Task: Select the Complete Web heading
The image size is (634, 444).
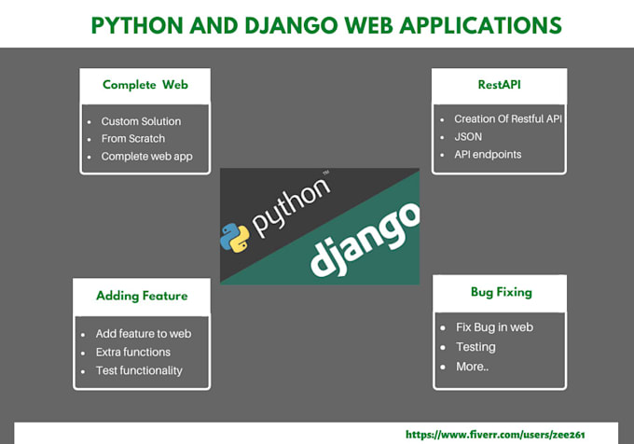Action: (x=145, y=85)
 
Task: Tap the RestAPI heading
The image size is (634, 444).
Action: (x=499, y=85)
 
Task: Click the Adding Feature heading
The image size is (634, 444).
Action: (x=142, y=296)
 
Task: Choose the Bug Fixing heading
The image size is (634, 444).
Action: (x=501, y=292)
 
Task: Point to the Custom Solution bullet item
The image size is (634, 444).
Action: (x=141, y=121)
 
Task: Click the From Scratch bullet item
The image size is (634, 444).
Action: (x=132, y=138)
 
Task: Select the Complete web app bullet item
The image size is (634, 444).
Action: (x=146, y=156)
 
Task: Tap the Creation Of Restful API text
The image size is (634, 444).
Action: (x=508, y=118)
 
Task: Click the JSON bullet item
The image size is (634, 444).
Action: (x=469, y=136)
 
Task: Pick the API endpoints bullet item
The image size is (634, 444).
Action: (x=488, y=154)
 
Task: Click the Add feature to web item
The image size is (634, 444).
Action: (x=143, y=333)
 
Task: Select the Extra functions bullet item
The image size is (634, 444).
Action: (x=133, y=352)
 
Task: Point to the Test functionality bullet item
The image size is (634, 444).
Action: (x=139, y=370)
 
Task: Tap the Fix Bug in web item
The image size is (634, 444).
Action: (x=495, y=327)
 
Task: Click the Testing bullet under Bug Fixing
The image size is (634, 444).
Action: (x=475, y=347)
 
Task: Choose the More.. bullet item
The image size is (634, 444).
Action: (x=472, y=366)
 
